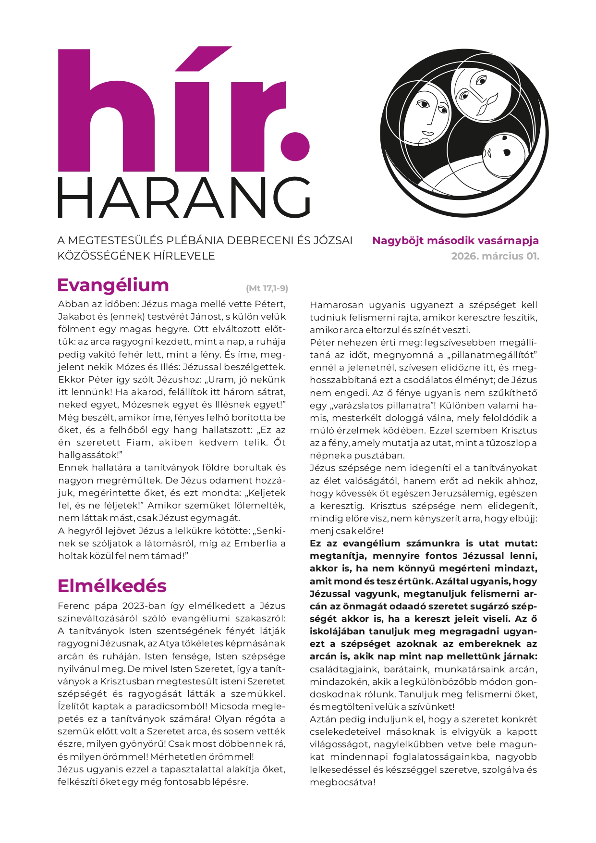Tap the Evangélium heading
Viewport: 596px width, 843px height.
[113, 285]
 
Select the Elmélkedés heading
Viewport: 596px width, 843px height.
[112, 586]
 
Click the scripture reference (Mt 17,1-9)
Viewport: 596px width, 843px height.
[267, 288]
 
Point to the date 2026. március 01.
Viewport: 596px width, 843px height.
[495, 256]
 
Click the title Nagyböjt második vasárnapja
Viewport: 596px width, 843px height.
[455, 240]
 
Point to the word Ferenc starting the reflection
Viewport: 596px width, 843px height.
[73, 606]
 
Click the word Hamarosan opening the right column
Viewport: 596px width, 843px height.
[336, 305]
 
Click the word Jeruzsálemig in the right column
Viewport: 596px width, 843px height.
[460, 493]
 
